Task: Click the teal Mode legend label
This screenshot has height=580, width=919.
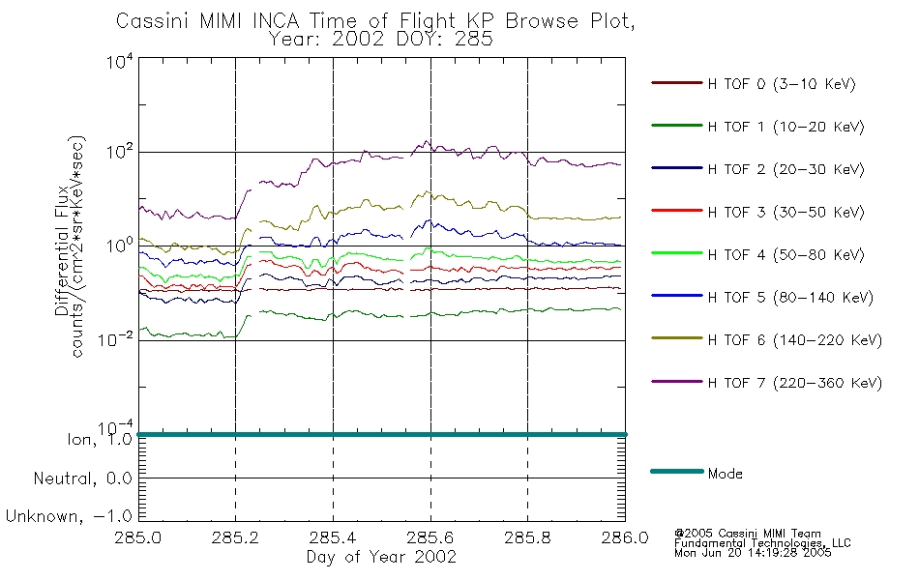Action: [725, 474]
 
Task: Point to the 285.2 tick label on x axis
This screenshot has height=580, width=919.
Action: [235, 537]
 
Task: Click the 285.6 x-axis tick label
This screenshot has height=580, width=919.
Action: [430, 537]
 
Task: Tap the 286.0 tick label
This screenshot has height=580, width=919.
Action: [625, 537]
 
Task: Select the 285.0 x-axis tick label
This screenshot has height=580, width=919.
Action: [137, 537]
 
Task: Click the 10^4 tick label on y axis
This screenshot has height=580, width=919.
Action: [120, 61]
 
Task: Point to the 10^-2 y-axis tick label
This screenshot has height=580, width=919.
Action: [116, 339]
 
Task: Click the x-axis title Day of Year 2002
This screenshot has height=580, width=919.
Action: [381, 557]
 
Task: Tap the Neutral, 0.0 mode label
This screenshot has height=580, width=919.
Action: [82, 479]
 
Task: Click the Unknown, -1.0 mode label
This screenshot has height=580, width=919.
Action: [69, 517]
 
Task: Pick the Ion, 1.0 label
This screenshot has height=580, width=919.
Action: [100, 440]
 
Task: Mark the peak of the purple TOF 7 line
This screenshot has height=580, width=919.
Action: [426, 140]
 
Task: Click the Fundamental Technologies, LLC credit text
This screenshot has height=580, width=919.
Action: [762, 543]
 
